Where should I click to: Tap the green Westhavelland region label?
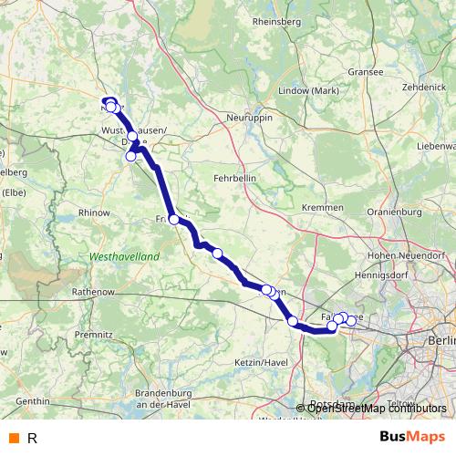pyautogui.click(x=124, y=257)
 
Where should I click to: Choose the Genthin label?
pyautogui.click(x=32, y=400)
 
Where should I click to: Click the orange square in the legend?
pyautogui.click(x=13, y=438)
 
